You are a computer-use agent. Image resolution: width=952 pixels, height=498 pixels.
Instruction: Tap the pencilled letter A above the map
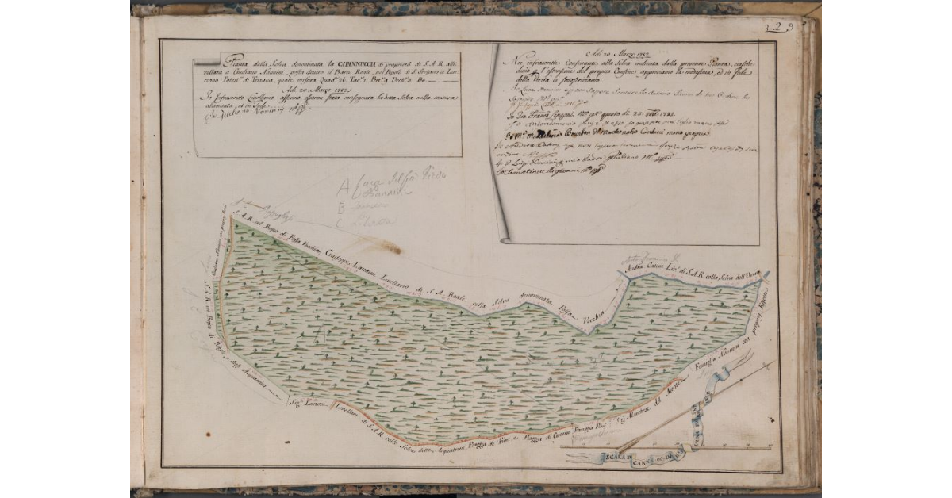pyautogui.click(x=343, y=188)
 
